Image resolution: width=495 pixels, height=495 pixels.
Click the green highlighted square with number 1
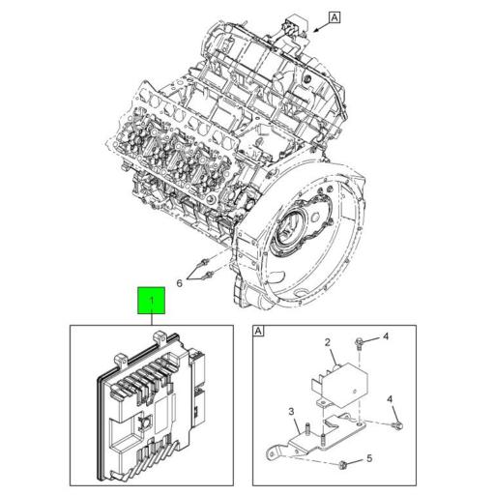150,303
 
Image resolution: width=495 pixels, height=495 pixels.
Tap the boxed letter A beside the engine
335,16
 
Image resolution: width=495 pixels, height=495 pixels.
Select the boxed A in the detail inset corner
259,333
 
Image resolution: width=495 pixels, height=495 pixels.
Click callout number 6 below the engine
178,283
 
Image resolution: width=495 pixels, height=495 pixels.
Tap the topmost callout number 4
384,337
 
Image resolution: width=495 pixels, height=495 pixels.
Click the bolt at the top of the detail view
359,342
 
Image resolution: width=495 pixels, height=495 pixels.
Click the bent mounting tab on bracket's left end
274,448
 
